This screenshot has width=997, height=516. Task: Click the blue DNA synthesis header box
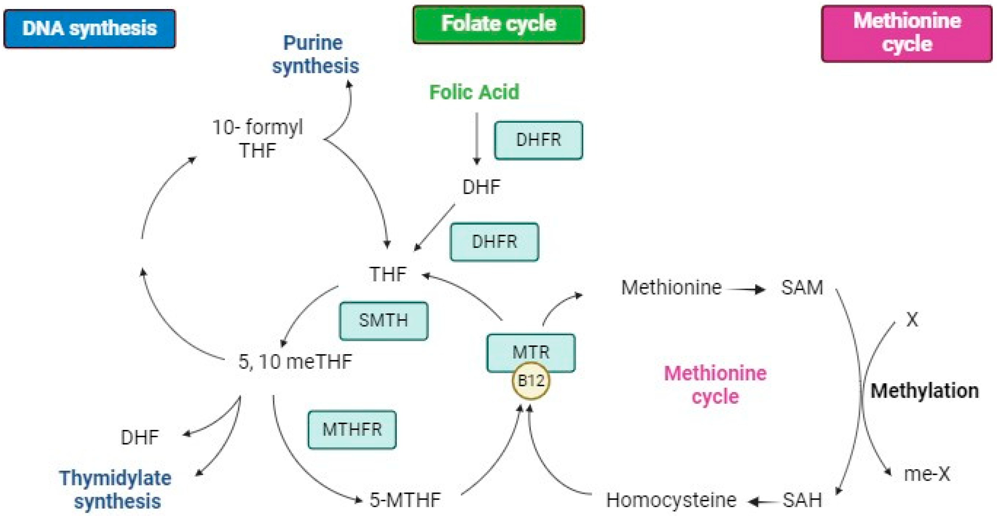click(89, 29)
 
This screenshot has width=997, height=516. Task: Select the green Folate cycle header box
click(499, 24)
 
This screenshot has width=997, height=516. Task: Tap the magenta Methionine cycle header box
click(907, 33)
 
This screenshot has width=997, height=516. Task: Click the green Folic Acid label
click(474, 92)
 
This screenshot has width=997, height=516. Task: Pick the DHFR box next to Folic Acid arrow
click(538, 140)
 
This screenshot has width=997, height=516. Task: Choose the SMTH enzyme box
click(383, 321)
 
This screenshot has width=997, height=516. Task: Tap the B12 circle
click(531, 381)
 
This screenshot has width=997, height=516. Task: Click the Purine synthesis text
click(315, 54)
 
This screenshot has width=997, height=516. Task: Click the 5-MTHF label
click(405, 500)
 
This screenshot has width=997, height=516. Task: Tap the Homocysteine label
click(671, 500)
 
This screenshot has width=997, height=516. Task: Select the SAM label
click(802, 288)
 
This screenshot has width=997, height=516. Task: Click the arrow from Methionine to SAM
click(746, 289)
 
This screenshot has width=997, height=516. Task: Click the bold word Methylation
click(924, 391)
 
